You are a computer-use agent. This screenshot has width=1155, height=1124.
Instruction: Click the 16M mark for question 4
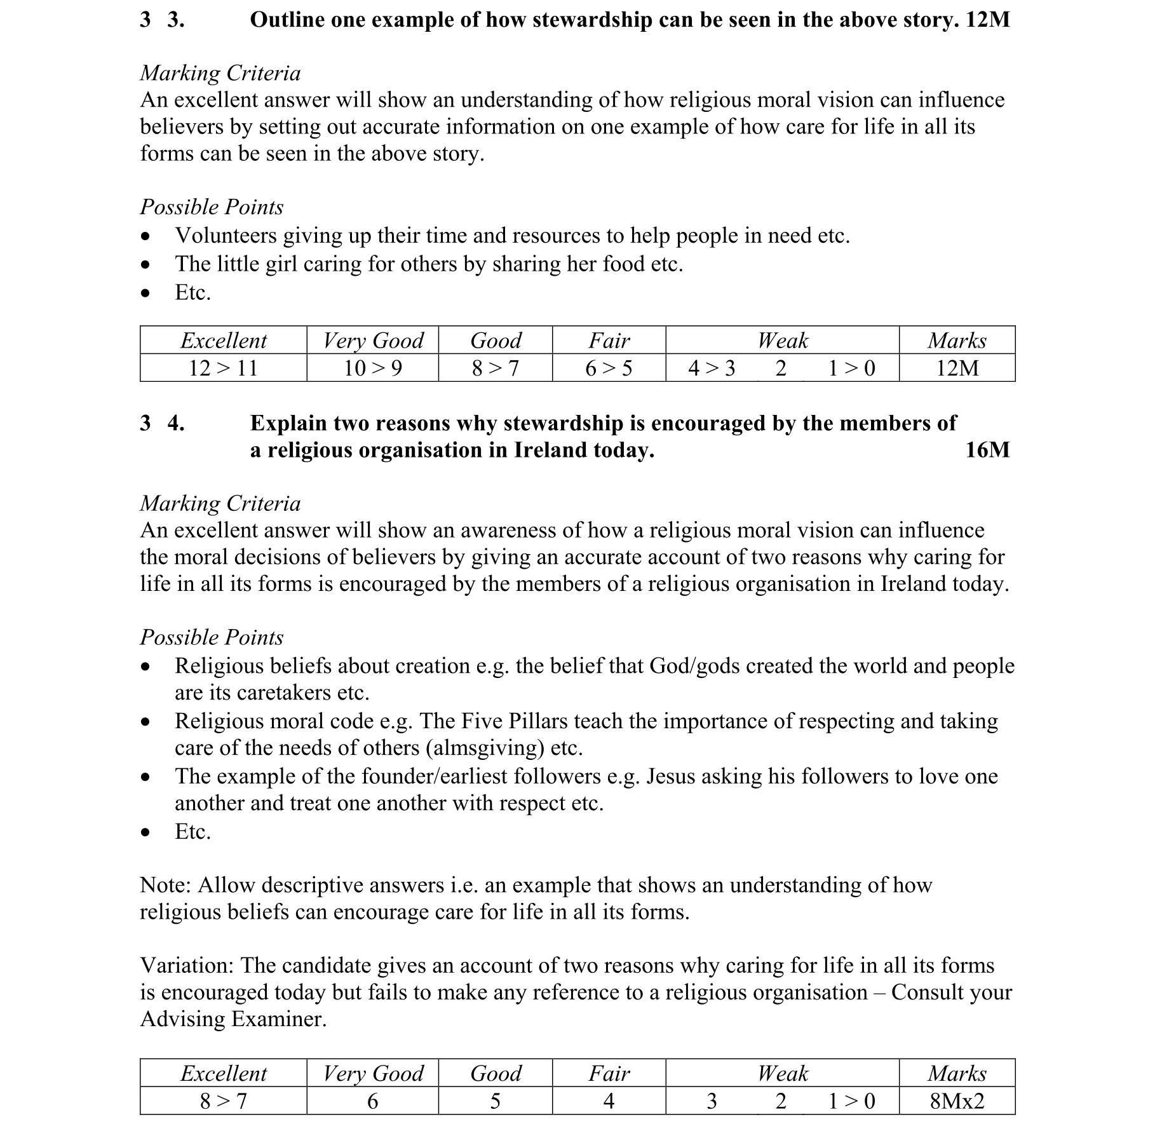987,450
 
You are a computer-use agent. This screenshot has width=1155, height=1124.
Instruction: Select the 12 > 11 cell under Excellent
223,368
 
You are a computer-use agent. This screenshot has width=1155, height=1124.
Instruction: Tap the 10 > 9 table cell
372,368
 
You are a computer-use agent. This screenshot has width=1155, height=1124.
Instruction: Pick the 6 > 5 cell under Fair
609,368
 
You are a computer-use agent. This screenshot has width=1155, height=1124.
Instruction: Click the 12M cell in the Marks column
957,368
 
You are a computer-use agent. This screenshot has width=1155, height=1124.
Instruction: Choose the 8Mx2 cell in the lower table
957,1100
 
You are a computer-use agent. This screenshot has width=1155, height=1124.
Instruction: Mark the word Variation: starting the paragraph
187,966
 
